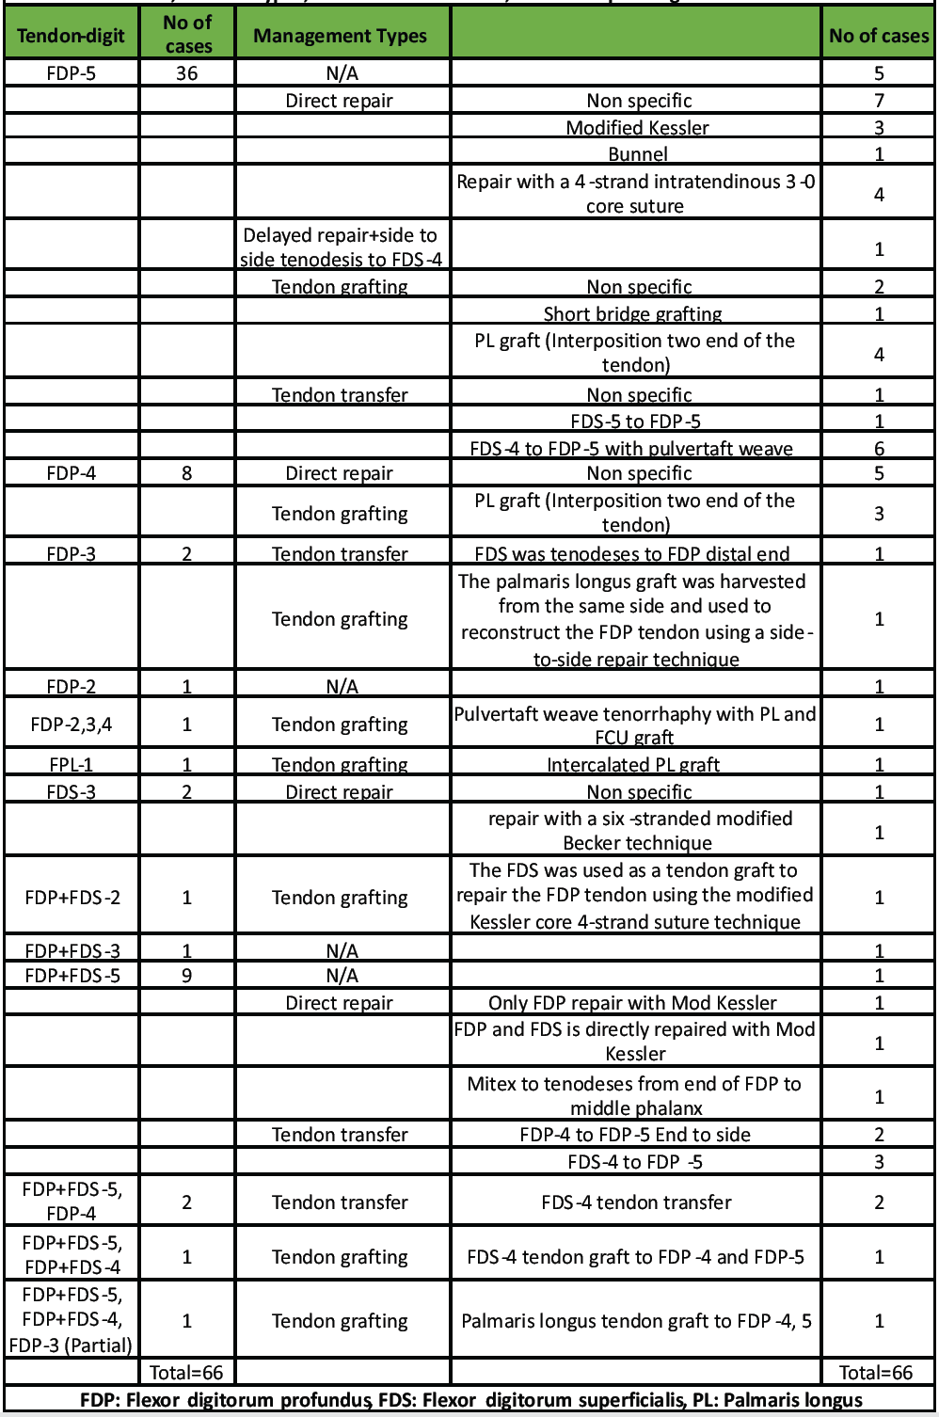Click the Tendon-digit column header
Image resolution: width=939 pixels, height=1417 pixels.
tap(71, 36)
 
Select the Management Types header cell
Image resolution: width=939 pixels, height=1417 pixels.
tap(340, 36)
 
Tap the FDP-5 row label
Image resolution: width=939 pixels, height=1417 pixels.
tap(71, 73)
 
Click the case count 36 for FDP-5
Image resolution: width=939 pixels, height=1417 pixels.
tap(186, 73)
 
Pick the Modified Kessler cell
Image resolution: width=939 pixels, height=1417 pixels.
tap(637, 128)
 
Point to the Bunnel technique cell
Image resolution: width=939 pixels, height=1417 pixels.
tap(637, 154)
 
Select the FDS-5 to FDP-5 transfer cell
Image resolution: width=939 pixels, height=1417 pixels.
tap(635, 422)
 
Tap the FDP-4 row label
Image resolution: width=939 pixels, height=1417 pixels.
tap(71, 473)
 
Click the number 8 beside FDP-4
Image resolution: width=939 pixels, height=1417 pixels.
tap(186, 473)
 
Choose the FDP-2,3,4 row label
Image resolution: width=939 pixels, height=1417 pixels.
tap(71, 724)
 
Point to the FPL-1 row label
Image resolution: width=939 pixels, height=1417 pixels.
tap(71, 765)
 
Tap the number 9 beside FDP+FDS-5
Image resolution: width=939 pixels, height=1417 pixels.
tap(186, 976)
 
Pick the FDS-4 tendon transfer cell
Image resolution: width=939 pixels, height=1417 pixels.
tap(636, 1202)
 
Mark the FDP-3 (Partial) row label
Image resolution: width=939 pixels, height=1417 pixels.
tap(71, 1345)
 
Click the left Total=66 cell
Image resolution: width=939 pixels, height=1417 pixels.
tap(186, 1373)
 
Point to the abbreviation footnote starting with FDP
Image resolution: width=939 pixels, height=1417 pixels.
tap(470, 1400)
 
